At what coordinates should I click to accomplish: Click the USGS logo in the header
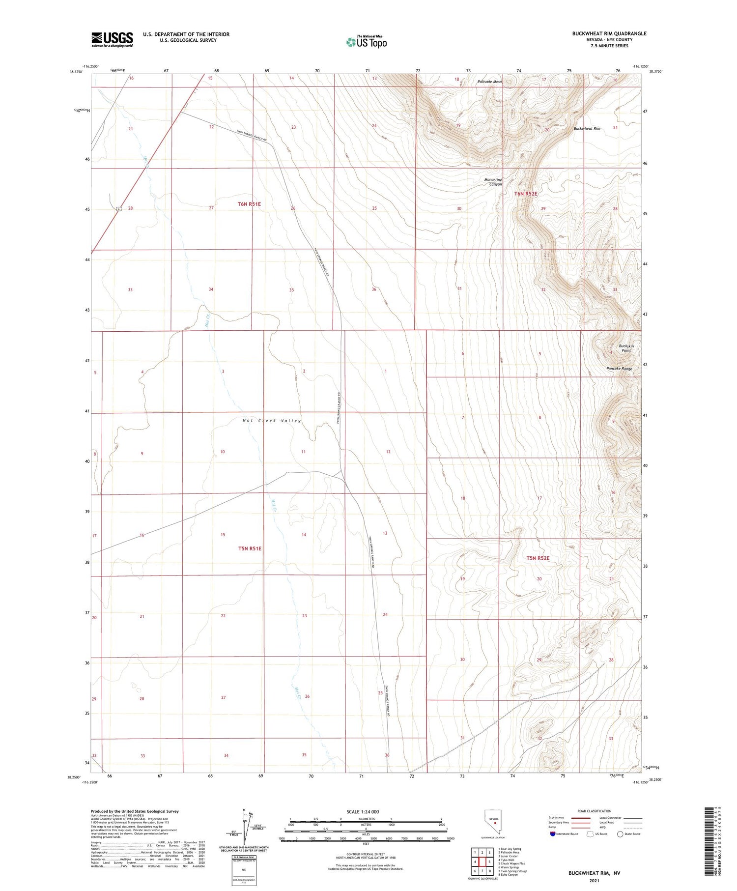tap(112, 39)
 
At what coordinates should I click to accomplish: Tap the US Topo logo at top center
tap(367, 42)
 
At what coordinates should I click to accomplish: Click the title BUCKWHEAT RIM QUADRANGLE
tap(609, 33)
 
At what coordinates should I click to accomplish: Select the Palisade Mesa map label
tap(489, 82)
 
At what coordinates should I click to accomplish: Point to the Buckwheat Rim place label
tap(587, 129)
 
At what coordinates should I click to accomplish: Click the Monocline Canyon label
tap(493, 182)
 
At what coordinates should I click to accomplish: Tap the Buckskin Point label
tap(626, 348)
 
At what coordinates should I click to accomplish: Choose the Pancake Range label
tap(619, 369)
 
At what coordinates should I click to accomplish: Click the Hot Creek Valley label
tap(272, 421)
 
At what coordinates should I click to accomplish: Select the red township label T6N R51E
tap(249, 204)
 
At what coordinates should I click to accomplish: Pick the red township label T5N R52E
tap(538, 558)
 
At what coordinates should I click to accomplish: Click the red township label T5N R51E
tap(250, 548)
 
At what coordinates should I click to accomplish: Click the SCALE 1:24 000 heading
tap(363, 812)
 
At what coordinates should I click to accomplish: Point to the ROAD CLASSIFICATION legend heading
tap(594, 811)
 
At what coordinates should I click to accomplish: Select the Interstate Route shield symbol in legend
tap(553, 834)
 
